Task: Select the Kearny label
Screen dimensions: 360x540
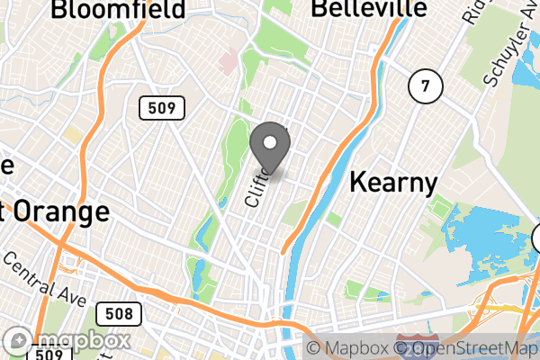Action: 392,183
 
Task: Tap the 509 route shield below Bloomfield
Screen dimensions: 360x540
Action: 162,109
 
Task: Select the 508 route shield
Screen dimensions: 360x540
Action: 118,314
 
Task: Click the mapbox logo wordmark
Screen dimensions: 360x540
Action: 67,341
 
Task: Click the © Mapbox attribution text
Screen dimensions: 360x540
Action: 351,348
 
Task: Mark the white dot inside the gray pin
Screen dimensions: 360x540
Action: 269,141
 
